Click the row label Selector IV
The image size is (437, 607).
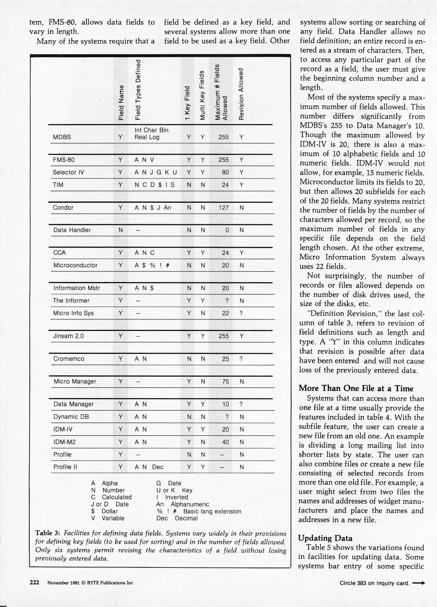pyautogui.click(x=68, y=173)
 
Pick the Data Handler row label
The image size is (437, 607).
pyautogui.click(x=72, y=230)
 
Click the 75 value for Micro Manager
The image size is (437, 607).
pyautogui.click(x=225, y=382)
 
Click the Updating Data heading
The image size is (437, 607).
pyautogui.click(x=325, y=538)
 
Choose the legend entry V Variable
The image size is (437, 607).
pyautogui.click(x=108, y=518)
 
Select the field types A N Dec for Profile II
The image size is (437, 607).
pyautogui.click(x=149, y=467)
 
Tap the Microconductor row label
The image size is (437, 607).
pyautogui.click(x=75, y=266)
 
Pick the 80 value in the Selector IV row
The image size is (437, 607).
pyautogui.click(x=225, y=173)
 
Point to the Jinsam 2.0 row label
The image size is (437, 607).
pyautogui.click(x=68, y=336)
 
